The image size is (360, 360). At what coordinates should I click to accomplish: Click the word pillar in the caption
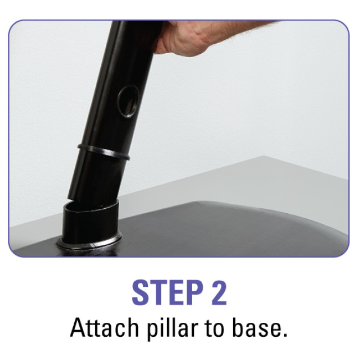172,328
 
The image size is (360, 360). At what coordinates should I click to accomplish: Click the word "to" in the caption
215,328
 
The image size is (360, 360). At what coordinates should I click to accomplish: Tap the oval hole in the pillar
128,101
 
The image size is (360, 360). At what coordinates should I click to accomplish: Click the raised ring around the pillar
104,152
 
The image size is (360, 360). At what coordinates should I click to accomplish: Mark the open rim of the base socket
91,206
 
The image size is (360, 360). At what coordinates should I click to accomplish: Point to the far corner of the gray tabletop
264,156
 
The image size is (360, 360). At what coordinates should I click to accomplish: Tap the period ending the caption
285,335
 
